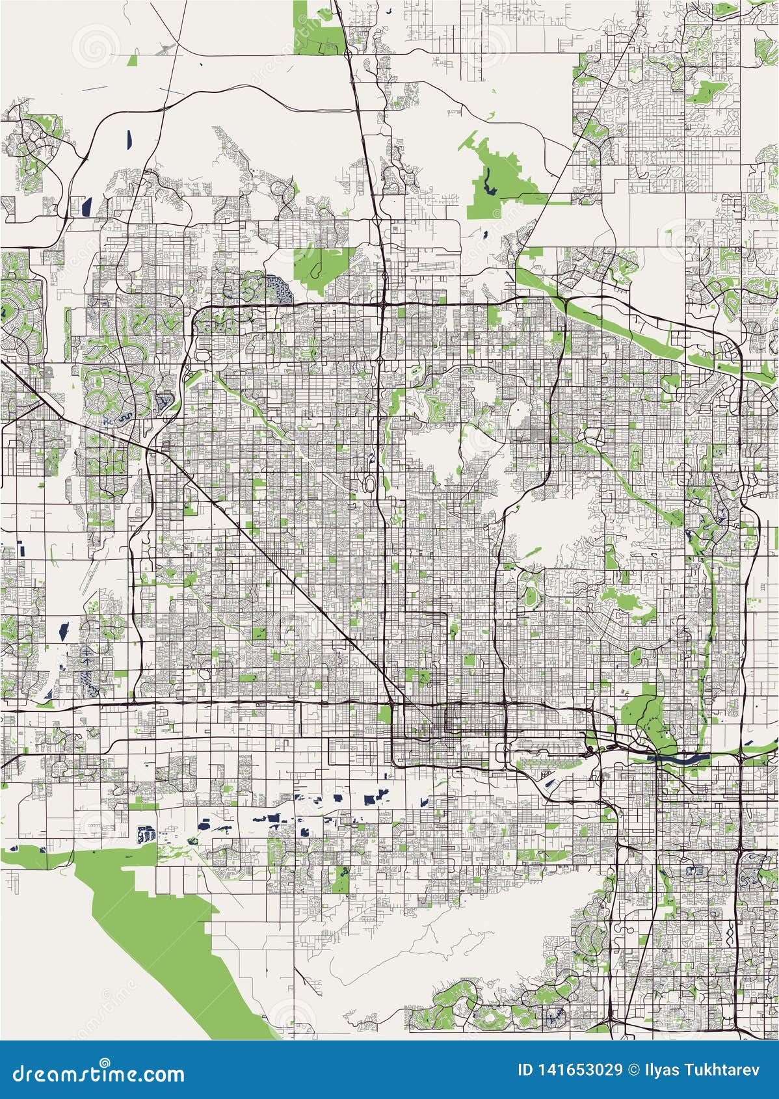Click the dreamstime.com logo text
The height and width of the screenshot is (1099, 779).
(99, 1074)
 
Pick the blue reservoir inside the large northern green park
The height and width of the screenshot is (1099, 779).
(486, 174)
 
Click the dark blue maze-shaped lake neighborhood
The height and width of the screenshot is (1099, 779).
(280, 289)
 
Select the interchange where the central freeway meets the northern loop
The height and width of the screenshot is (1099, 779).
(382, 303)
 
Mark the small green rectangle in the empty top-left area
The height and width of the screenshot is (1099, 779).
(133, 60)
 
